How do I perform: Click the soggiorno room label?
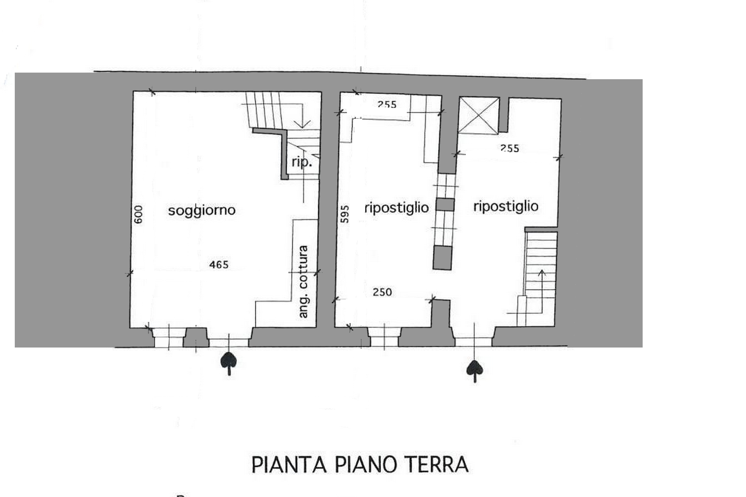(x=202, y=211)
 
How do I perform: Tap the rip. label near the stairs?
(x=302, y=162)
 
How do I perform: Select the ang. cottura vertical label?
(x=303, y=282)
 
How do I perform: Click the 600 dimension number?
(x=138, y=214)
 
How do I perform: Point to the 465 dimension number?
(x=219, y=265)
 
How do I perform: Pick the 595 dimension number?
(x=345, y=214)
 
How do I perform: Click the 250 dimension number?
(x=382, y=292)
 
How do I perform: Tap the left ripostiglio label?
(x=397, y=208)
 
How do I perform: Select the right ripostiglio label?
(x=506, y=207)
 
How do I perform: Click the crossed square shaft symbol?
(x=479, y=116)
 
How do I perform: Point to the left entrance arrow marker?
(x=229, y=364)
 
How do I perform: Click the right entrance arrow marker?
(x=475, y=371)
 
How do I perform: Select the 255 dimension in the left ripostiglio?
(x=387, y=104)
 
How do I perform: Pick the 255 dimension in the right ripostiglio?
(x=510, y=148)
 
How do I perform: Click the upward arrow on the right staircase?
(x=541, y=291)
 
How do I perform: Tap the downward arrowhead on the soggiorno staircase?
(x=303, y=124)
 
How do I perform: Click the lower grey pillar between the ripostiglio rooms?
(x=443, y=257)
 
